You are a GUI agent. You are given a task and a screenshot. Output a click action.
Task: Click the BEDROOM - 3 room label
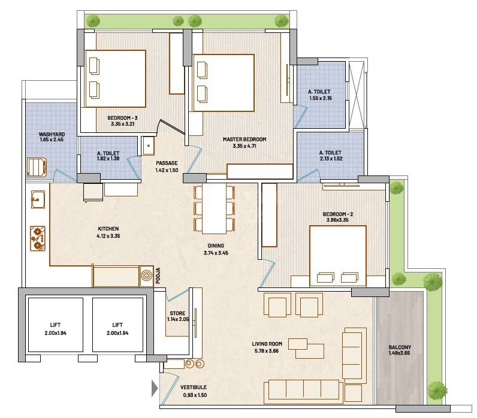coord(122,118)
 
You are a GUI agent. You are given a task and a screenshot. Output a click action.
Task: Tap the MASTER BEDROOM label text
coord(244,140)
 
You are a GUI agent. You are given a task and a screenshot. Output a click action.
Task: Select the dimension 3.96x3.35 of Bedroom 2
coord(335,220)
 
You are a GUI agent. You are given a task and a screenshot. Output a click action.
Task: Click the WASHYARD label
coord(35,135)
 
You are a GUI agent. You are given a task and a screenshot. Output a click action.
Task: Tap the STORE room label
coord(177,313)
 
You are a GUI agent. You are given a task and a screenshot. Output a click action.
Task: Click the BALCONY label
coord(399,347)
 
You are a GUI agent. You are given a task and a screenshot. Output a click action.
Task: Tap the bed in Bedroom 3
coord(116,78)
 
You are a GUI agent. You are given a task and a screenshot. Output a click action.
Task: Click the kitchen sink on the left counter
coord(37,197)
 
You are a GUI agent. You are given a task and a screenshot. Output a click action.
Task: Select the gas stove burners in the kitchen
coord(38,237)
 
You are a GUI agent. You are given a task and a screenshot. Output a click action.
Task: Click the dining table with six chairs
coord(214,208)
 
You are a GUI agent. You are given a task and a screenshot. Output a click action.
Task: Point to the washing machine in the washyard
coord(37,166)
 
